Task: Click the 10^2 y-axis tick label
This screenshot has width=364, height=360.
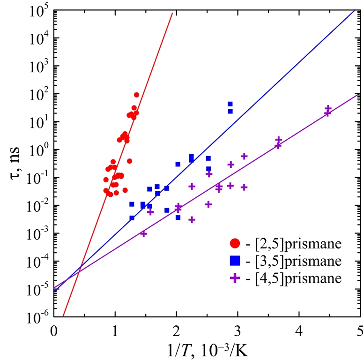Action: coord(39,94)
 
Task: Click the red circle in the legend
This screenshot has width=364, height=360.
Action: coord(235,244)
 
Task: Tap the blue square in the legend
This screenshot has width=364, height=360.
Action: coord(235,261)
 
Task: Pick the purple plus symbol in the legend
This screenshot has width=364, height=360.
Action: coord(235,278)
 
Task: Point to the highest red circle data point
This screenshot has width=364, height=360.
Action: coord(136,95)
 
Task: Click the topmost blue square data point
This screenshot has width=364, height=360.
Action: coord(230,104)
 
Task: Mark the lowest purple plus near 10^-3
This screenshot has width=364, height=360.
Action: coord(144,233)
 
